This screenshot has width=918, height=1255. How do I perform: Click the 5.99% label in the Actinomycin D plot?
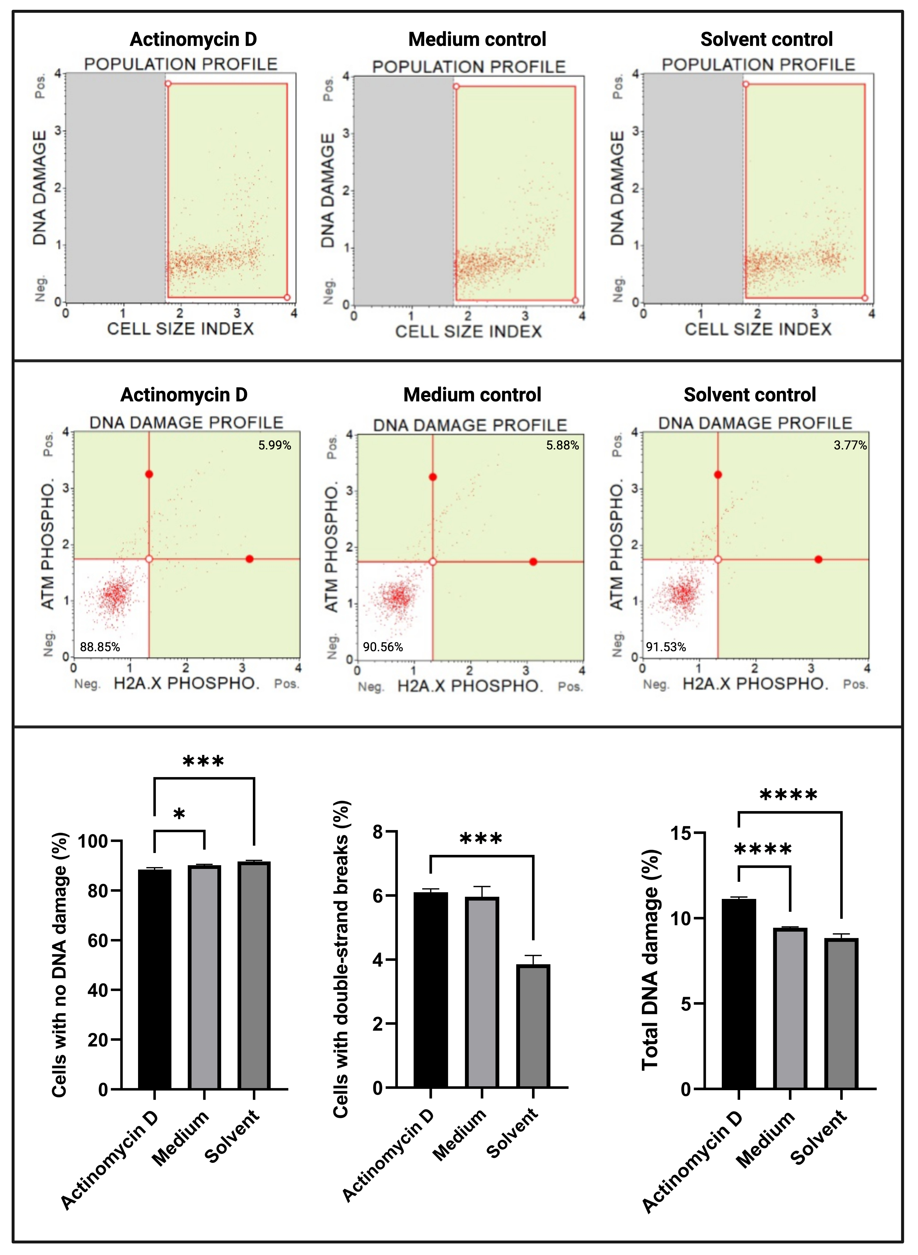click(275, 445)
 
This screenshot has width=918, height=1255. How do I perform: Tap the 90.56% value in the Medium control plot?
click(383, 647)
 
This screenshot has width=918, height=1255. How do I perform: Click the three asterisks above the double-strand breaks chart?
click(481, 839)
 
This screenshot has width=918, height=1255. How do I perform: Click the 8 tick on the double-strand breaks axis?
click(378, 832)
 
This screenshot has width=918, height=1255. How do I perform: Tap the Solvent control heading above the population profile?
click(766, 39)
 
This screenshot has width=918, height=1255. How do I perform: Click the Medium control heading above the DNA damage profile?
click(472, 395)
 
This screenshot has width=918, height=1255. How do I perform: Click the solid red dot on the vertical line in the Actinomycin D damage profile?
click(149, 474)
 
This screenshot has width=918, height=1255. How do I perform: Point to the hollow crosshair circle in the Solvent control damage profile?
click(718, 559)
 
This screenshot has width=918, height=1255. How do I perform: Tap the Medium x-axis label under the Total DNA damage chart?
click(765, 1139)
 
